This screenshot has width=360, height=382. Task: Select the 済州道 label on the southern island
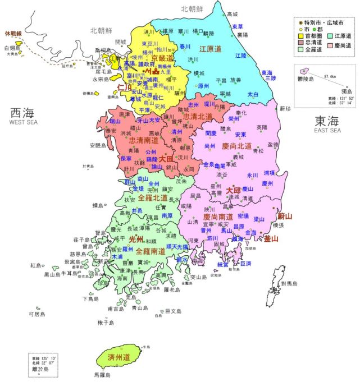pyautogui.click(x=119, y=357)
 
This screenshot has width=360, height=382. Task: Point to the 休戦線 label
pyautogui.click(x=13, y=34)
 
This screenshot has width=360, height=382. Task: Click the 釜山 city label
pyautogui.click(x=271, y=238)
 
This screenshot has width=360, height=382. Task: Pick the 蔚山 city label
pyautogui.click(x=285, y=216)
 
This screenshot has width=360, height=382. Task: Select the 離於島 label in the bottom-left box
pyautogui.click(x=42, y=369)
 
